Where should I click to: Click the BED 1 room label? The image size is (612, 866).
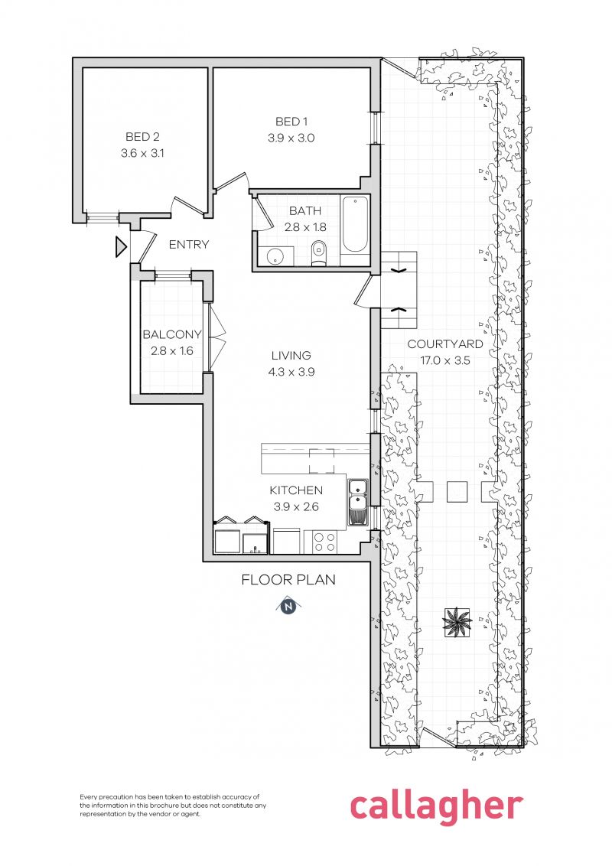click(291, 122)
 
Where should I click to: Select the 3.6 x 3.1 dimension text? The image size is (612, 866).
click(143, 153)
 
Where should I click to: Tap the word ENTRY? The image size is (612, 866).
click(188, 245)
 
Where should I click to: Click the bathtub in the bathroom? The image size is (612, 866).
click(355, 225)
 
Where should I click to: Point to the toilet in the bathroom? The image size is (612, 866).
click(319, 252)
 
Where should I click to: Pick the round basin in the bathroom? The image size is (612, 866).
click(273, 256)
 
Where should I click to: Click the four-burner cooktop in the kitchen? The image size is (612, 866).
click(324, 542)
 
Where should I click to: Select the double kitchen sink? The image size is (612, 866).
click(357, 502)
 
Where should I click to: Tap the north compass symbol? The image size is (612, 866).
click(288, 607)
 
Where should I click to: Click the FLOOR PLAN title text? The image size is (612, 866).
click(288, 580)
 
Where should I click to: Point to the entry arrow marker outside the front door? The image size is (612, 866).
click(120, 247)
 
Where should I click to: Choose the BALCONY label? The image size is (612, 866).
click(172, 334)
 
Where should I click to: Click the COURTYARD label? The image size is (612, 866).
click(444, 344)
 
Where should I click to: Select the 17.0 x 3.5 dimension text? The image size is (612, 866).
click(444, 360)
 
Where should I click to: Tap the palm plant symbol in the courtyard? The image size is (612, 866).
click(457, 622)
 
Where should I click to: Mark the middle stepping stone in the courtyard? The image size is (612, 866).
click(457, 490)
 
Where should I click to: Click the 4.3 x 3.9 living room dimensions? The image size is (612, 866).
click(291, 372)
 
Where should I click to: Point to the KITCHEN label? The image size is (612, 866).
click(296, 490)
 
